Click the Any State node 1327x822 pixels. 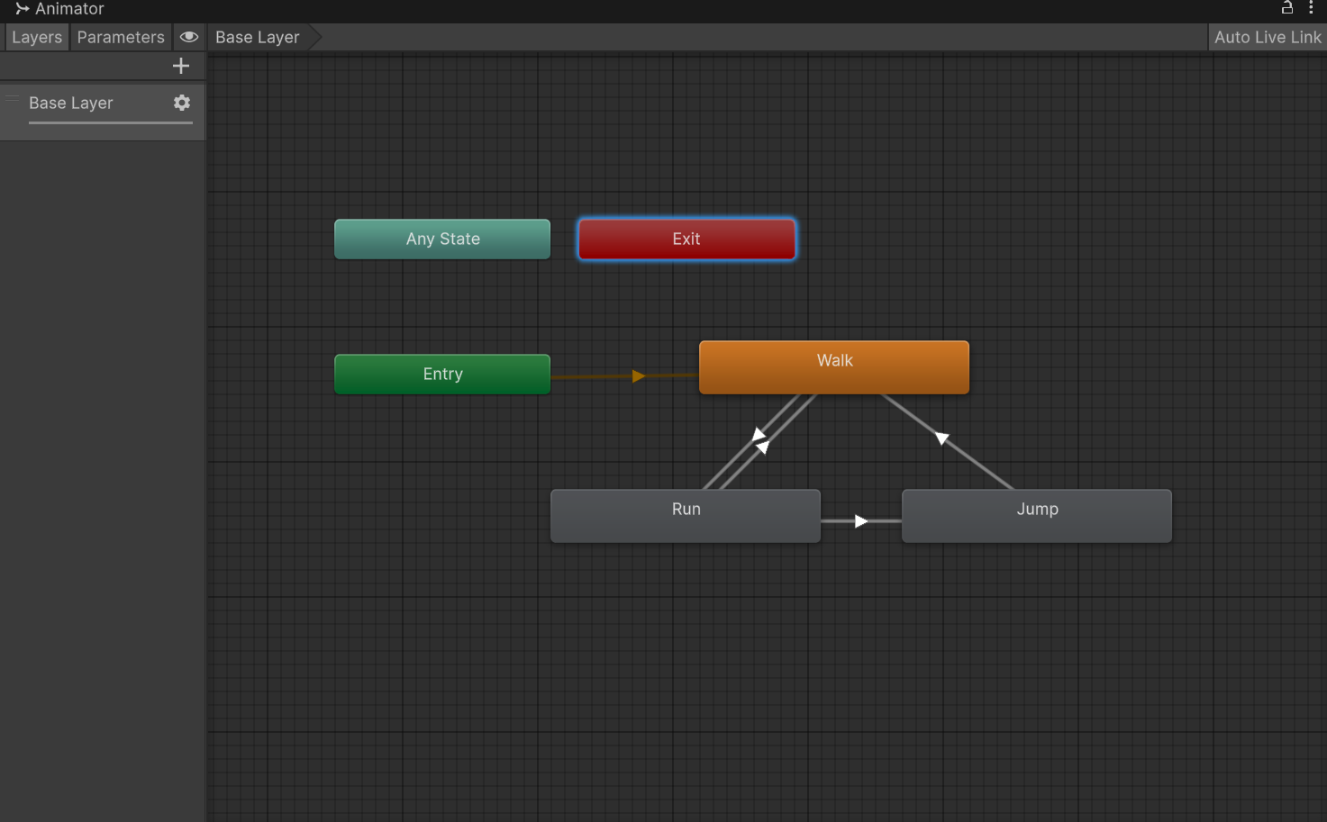(442, 239)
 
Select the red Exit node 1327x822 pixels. (686, 239)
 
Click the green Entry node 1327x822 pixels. (442, 374)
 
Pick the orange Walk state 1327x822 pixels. (834, 366)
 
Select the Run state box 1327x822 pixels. (686, 515)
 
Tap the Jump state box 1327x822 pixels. (1037, 515)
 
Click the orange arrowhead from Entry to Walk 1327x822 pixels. (638, 376)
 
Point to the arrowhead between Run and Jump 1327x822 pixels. (860, 521)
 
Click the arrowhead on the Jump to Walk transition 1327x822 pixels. (941, 438)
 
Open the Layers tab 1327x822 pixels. (37, 37)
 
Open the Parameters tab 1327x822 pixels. (121, 37)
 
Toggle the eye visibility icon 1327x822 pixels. (189, 37)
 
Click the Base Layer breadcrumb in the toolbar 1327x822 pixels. (257, 37)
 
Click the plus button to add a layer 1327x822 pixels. (181, 66)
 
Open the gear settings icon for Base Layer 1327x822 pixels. (182, 103)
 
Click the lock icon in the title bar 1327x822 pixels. (1286, 8)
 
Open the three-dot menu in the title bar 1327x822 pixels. (1311, 8)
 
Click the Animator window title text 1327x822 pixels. (69, 9)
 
